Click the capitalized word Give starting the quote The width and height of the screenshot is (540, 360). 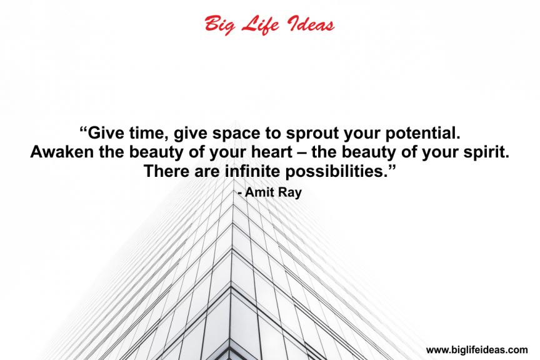(106, 133)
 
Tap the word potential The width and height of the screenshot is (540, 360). (422, 134)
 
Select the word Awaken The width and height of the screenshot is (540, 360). (62, 152)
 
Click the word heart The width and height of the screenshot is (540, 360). (272, 152)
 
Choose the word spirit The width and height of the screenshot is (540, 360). (486, 152)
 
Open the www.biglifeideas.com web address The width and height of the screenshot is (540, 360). (477, 350)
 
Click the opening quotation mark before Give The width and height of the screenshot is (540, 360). (83, 129)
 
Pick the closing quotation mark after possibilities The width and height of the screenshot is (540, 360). (392, 167)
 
